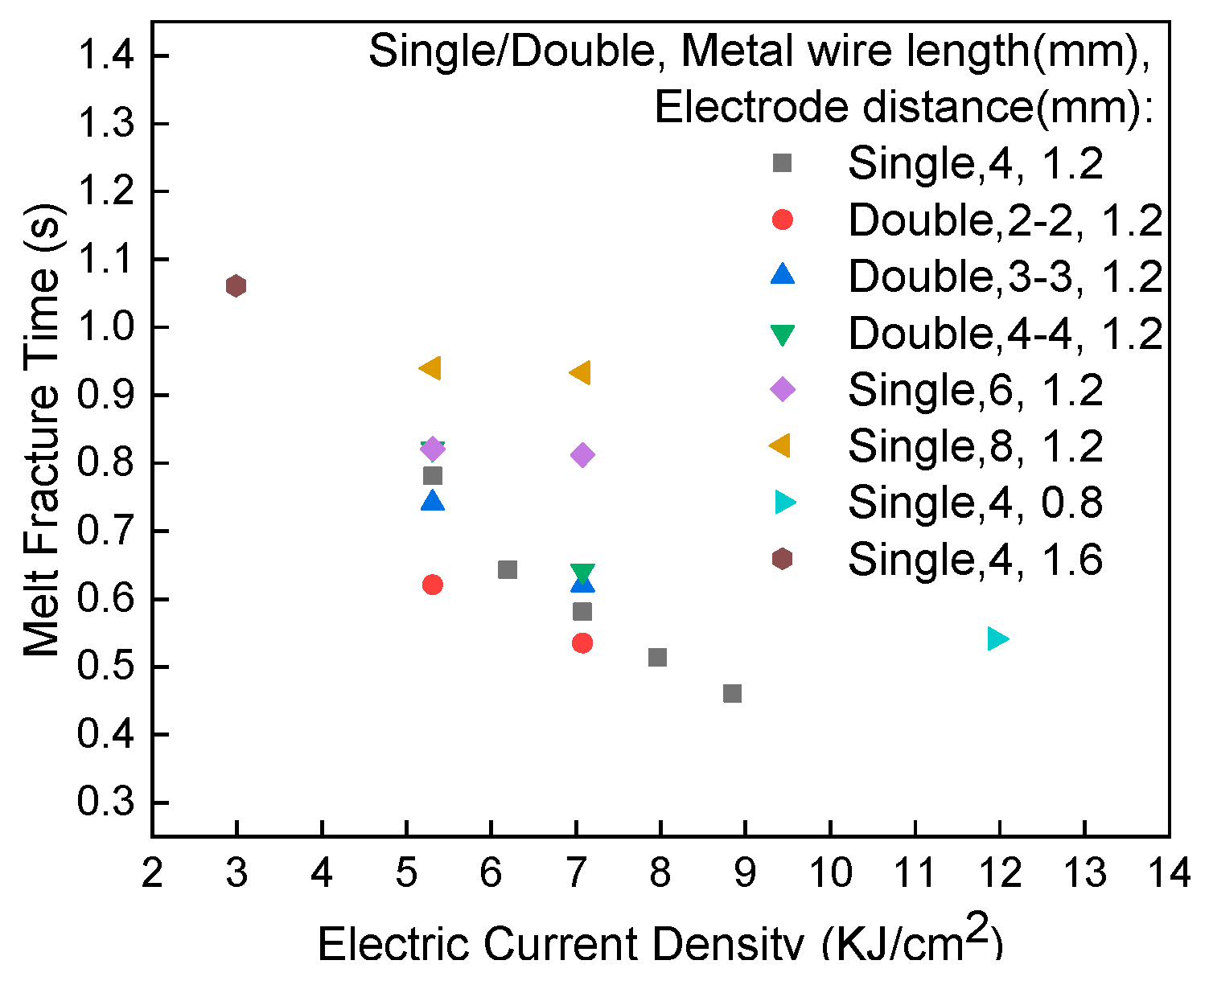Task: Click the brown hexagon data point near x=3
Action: click(x=236, y=285)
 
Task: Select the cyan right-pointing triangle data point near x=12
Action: click(x=997, y=638)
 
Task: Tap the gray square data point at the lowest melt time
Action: click(x=732, y=693)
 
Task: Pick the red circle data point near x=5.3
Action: click(x=432, y=585)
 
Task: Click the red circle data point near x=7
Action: click(x=582, y=642)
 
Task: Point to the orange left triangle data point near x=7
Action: click(x=580, y=373)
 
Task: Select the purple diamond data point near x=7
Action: click(x=582, y=455)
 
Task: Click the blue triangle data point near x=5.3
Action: click(x=433, y=501)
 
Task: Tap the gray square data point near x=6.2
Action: click(x=507, y=570)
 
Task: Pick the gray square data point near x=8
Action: click(x=657, y=657)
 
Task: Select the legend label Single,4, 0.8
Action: click(x=975, y=503)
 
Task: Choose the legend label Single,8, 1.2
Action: click(x=975, y=445)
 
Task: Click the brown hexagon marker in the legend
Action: click(x=782, y=559)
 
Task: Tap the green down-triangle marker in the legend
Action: click(x=782, y=334)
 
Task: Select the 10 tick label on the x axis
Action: click(x=829, y=873)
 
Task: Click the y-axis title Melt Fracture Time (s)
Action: click(x=42, y=429)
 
